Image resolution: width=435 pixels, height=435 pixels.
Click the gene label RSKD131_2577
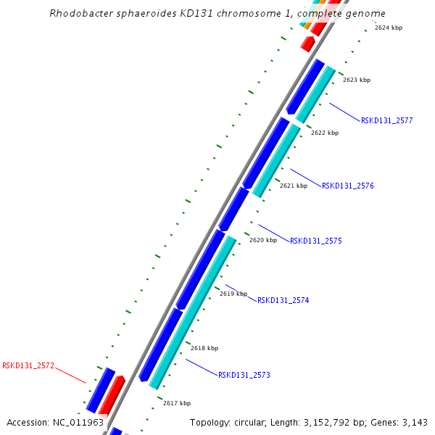tap(386, 120)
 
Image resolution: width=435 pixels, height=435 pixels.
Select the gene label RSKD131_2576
tap(347, 186)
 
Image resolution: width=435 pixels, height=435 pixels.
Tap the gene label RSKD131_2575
tap(315, 241)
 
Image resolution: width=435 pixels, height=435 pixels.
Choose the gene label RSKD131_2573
tap(244, 375)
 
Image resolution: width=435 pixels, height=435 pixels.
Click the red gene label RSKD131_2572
tap(28, 365)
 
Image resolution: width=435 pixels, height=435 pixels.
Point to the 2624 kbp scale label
tap(388, 28)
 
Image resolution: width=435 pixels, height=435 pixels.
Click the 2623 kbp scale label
tap(356, 80)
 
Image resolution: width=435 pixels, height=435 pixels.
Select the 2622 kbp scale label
tap(324, 133)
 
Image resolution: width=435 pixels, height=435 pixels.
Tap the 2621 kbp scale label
tap(293, 186)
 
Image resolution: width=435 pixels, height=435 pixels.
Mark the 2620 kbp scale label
tap(262, 240)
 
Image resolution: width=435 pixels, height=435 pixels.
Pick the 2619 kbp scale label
tap(233, 294)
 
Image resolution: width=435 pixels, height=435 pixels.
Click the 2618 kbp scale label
tap(204, 348)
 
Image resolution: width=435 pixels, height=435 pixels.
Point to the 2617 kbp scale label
tap(176, 403)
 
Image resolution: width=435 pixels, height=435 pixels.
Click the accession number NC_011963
tap(79, 422)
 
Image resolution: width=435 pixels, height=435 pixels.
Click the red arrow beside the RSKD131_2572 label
tap(111, 395)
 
